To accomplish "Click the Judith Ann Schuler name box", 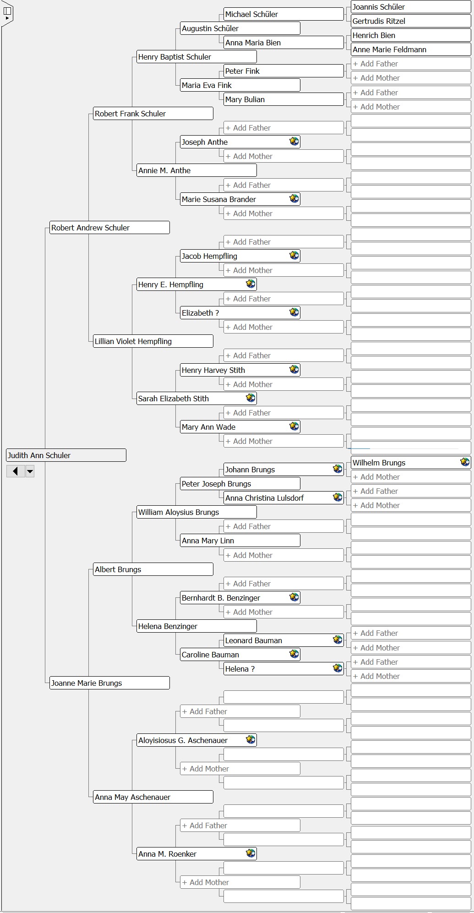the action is (x=66, y=455).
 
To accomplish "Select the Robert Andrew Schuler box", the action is (x=109, y=228).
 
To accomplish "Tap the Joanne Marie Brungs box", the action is (x=109, y=683).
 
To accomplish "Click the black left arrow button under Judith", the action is (x=16, y=471).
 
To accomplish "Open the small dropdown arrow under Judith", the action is (x=30, y=471).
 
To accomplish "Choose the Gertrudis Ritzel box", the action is (x=411, y=21).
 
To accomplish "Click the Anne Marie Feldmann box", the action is (x=411, y=49).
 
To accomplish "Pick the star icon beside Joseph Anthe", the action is (x=294, y=142).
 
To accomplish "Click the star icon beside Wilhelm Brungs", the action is (x=465, y=462).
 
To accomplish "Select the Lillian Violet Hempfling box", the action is (x=153, y=341).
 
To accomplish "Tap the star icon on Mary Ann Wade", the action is (x=294, y=426).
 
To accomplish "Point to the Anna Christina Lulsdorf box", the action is (x=283, y=498).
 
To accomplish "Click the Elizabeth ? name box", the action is (x=240, y=313).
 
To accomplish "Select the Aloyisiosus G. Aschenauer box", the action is (x=196, y=740).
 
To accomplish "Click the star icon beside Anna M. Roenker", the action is (x=251, y=853).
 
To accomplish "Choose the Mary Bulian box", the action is (x=283, y=99).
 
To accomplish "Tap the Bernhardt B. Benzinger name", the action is (x=221, y=598).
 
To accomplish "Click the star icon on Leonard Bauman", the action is (x=338, y=640).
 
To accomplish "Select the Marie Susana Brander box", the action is (x=240, y=199).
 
